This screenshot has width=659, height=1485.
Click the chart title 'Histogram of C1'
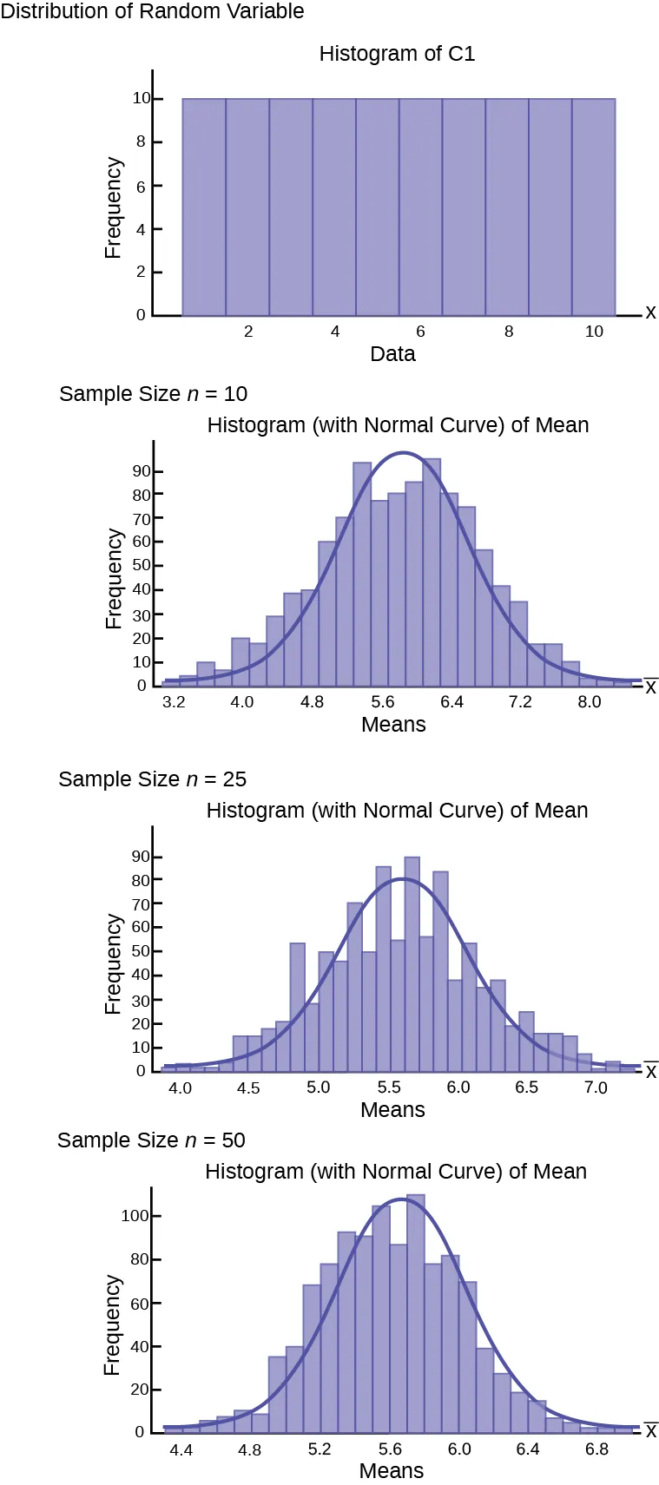coord(397,54)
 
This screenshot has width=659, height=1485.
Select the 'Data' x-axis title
coord(392,354)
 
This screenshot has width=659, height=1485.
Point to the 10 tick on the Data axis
coord(594,332)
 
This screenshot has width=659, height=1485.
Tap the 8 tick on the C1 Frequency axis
coord(142,142)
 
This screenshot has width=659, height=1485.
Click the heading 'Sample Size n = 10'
coord(153,394)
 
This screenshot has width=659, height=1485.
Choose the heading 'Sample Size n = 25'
coord(152,779)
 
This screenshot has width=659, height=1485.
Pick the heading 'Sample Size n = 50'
coord(151,1140)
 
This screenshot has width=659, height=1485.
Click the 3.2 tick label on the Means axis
coord(174,702)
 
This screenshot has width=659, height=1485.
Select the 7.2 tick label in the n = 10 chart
coord(520,702)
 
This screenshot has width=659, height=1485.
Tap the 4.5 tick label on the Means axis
coord(248,1087)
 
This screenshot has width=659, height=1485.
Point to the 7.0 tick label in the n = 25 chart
coord(596,1087)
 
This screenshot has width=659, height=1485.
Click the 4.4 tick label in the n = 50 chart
coord(181,1449)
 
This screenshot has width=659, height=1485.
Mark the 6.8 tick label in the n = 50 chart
coord(596,1449)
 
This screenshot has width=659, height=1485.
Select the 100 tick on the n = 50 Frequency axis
coord(135,1216)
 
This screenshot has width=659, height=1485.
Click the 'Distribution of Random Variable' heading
coord(153,11)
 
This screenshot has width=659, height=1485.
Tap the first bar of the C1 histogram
coord(204,207)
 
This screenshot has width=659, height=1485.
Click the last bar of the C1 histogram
coord(594,207)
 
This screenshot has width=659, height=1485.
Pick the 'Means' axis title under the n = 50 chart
coord(392,1471)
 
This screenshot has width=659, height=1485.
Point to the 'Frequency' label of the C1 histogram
coord(113,207)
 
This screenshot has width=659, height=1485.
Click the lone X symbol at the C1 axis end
coord(650,312)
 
